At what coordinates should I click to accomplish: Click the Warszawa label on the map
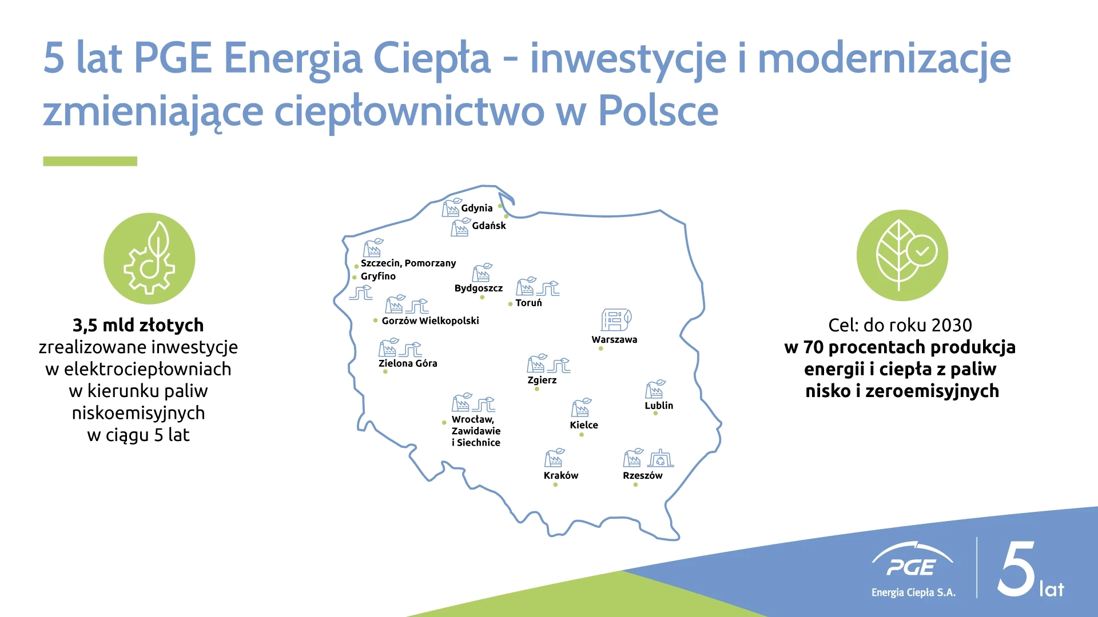(x=614, y=339)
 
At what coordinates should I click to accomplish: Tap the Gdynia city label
(x=476, y=209)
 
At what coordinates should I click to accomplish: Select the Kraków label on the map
(x=561, y=475)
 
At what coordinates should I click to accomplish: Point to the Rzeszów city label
(x=643, y=475)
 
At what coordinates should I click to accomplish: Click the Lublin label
(x=659, y=406)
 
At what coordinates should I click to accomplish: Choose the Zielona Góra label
(x=408, y=363)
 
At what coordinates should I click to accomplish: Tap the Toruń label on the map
(x=528, y=303)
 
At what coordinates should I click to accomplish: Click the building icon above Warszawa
(x=616, y=320)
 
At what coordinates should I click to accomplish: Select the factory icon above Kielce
(x=581, y=407)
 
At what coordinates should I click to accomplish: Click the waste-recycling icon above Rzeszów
(x=661, y=458)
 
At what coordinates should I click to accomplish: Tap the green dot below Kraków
(x=555, y=485)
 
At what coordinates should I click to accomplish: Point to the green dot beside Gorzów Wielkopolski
(x=375, y=320)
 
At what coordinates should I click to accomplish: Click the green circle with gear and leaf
(x=149, y=258)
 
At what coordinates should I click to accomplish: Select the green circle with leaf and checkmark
(x=902, y=255)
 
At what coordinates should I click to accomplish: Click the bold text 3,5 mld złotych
(x=138, y=325)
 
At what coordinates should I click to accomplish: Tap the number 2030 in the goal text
(x=952, y=325)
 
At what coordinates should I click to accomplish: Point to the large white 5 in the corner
(x=1016, y=569)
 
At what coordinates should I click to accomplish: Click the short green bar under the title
(x=90, y=161)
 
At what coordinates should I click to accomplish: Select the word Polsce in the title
(x=658, y=111)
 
